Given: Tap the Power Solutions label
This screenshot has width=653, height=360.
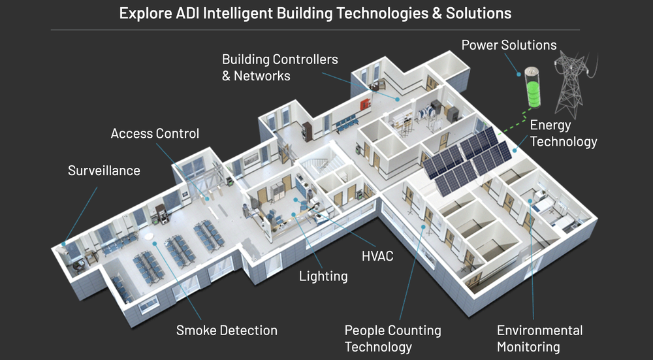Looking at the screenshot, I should coord(509,45).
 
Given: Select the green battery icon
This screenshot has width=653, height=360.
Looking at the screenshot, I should coord(535,88).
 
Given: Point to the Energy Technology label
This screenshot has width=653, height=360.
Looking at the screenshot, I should coord(563,133).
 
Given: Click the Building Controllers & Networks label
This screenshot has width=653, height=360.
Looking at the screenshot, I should coord(279,67).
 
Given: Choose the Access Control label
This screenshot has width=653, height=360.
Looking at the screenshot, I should coord(155,134).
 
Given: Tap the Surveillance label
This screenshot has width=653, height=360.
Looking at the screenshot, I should coord(104,171).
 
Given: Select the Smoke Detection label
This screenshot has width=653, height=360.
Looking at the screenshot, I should coord(227,331).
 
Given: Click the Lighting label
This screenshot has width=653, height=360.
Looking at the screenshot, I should coord(323,276).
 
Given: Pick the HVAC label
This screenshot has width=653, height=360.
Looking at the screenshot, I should coord(377,255).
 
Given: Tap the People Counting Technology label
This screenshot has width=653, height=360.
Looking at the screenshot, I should coord(392,338).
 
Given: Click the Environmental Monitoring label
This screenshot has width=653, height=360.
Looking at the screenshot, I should coord(539,338).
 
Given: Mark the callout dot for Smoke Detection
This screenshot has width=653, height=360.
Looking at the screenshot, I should coord(155,243).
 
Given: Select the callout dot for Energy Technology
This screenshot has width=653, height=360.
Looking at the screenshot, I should coord(515,150).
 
